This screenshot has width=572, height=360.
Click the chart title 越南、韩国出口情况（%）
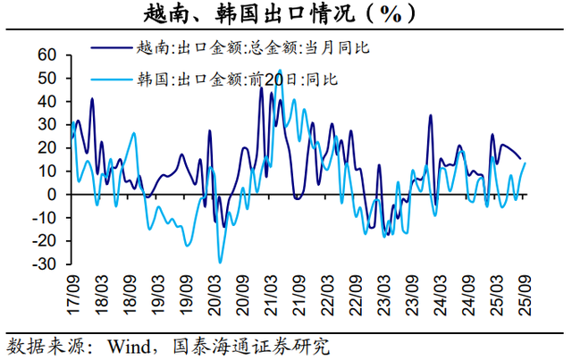click(x=286, y=15)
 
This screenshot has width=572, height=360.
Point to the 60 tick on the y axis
click(x=46, y=55)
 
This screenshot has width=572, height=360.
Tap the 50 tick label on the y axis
click(x=46, y=79)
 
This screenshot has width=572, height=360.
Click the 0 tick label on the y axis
click(x=53, y=195)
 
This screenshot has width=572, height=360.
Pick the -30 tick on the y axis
click(x=44, y=264)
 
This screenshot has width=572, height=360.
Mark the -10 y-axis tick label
click(x=44, y=218)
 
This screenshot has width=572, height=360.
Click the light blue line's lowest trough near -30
click(x=220, y=262)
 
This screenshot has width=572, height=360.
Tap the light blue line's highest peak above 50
click(x=280, y=70)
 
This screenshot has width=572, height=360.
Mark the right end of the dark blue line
click(x=521, y=159)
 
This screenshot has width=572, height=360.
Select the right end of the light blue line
click(x=525, y=163)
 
